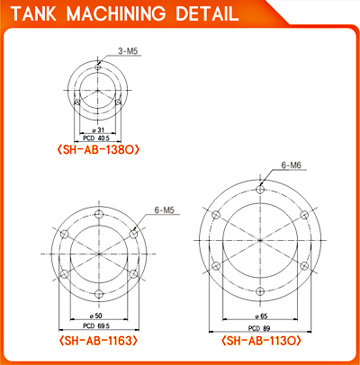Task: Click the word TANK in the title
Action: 33,13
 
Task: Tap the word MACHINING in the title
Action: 116,13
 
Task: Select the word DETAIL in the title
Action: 207,13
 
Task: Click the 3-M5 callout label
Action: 128,51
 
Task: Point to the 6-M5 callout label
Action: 164,210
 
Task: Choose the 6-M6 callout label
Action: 291,165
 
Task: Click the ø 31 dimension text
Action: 98,129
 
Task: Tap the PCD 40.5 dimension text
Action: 96,138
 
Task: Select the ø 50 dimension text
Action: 95,316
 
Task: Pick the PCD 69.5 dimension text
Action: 96,325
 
